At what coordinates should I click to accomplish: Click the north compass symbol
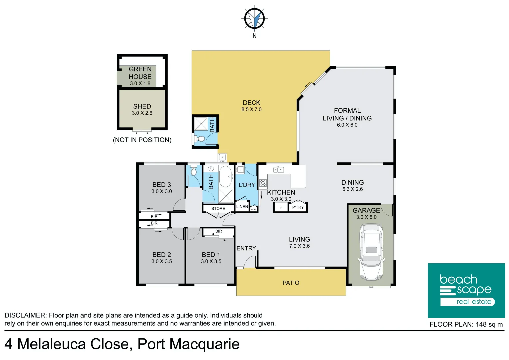click(x=254, y=19)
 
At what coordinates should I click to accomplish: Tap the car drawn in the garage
click(x=371, y=252)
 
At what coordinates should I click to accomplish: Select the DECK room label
click(x=252, y=103)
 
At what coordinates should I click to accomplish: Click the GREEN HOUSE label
click(x=140, y=73)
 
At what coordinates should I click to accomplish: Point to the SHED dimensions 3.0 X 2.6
click(x=142, y=113)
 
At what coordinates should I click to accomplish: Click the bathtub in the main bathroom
click(x=226, y=177)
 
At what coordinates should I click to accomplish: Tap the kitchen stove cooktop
click(x=263, y=183)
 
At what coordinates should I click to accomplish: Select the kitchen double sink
click(x=278, y=170)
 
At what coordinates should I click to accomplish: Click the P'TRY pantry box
click(x=298, y=207)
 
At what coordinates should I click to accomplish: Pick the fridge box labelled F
click(x=281, y=207)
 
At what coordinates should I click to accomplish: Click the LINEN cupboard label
click(x=242, y=207)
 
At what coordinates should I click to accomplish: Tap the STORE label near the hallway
click(x=218, y=209)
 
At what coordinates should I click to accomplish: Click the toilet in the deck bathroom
click(x=201, y=139)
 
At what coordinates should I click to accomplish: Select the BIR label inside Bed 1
click(x=219, y=231)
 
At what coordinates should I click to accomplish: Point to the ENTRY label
click(x=246, y=248)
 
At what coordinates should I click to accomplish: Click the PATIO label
click(x=291, y=283)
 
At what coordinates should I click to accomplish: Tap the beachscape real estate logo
click(x=466, y=290)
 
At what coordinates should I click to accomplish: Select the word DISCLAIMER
click(x=25, y=315)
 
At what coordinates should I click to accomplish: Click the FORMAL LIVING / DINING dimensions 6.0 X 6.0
click(x=347, y=125)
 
